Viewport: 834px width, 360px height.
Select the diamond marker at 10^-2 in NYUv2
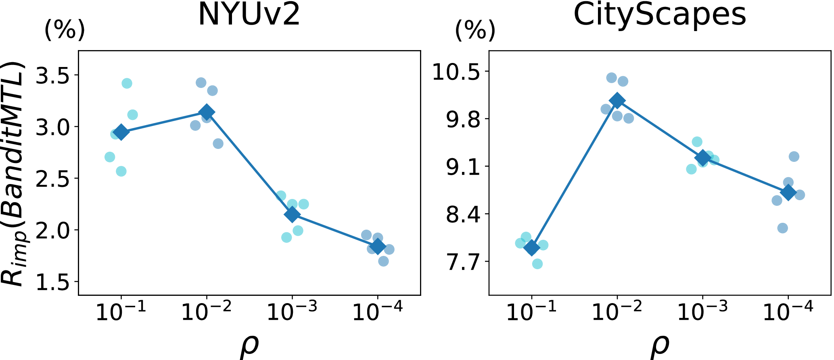[x=207, y=112]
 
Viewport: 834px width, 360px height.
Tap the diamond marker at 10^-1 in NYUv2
[x=121, y=132]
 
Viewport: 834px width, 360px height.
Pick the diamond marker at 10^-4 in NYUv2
[x=378, y=246]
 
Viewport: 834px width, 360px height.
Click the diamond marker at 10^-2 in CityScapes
[x=617, y=100]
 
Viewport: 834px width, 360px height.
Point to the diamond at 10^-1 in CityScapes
[x=531, y=247]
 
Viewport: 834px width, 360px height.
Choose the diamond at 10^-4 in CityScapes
[x=788, y=193]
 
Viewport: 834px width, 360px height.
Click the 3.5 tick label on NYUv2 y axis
[x=52, y=75]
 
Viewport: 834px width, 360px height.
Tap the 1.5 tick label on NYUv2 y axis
[x=52, y=282]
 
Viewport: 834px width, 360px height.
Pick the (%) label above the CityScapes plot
[x=475, y=30]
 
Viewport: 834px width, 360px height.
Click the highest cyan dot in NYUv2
[x=127, y=84]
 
